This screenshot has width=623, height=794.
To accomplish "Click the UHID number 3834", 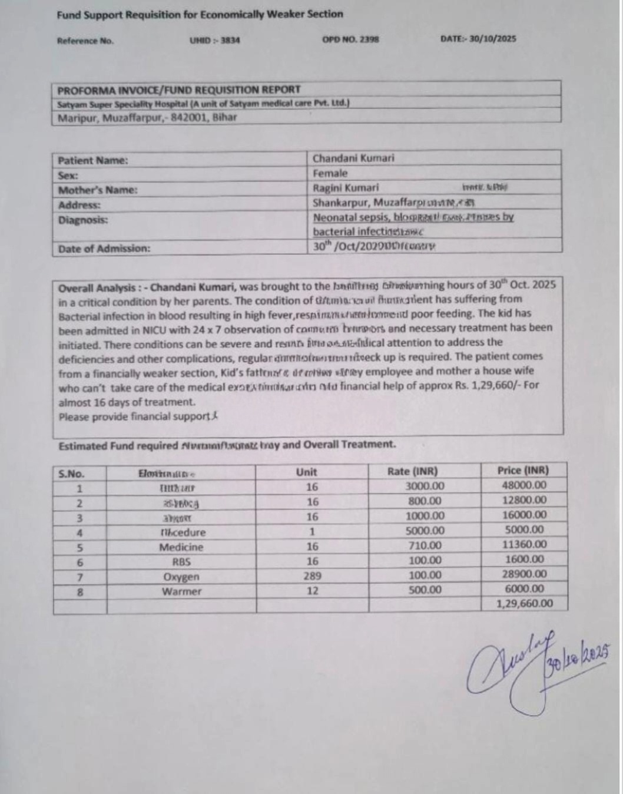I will [x=214, y=41].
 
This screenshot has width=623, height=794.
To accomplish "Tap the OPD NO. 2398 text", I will [x=350, y=39].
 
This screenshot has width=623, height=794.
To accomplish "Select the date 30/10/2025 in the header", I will [x=478, y=39].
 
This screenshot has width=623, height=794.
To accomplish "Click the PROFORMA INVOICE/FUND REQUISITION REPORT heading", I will [x=179, y=90].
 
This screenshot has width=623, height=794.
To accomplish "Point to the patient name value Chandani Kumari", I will [x=353, y=158].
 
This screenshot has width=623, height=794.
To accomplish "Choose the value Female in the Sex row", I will [x=330, y=174].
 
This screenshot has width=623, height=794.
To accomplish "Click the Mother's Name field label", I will [x=98, y=190].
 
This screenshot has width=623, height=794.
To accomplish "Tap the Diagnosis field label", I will [x=83, y=220].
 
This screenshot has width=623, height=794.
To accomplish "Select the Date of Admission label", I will [x=104, y=249].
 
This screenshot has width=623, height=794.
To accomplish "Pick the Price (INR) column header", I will [x=523, y=471].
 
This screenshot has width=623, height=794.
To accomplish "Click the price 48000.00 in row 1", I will [x=524, y=485].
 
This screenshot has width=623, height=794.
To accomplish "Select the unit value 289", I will [x=312, y=575].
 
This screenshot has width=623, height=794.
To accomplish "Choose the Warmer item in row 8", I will [x=181, y=591].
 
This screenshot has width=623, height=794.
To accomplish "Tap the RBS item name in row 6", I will [x=181, y=562].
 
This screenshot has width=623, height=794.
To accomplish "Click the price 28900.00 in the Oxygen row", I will [x=524, y=574].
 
